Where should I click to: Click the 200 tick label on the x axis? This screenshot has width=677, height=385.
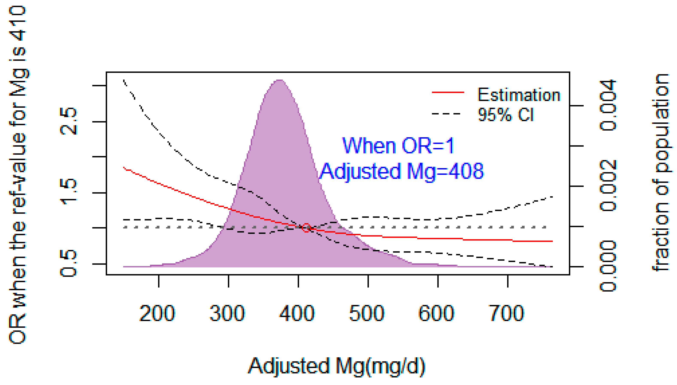tap(157, 314)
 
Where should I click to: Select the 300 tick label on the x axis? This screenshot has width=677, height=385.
tap(227, 314)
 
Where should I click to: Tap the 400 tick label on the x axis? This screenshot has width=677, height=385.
tap(297, 314)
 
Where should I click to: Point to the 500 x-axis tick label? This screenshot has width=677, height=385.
tap(367, 314)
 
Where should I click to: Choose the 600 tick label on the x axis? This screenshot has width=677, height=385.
tap(437, 314)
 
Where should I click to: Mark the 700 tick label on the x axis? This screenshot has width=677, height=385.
tap(506, 314)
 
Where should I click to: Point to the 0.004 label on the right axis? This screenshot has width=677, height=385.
tap(608, 105)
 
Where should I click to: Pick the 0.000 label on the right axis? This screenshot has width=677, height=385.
tap(608, 266)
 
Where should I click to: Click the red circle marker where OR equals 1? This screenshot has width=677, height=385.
tap(306, 227)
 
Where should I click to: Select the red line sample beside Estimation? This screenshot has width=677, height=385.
tap(448, 92)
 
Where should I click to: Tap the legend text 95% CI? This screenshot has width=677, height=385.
tap(506, 115)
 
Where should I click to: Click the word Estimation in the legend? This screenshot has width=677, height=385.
tap(519, 95)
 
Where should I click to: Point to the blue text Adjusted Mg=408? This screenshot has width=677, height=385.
tap(402, 171)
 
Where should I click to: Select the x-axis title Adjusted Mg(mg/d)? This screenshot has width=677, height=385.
tap(336, 366)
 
